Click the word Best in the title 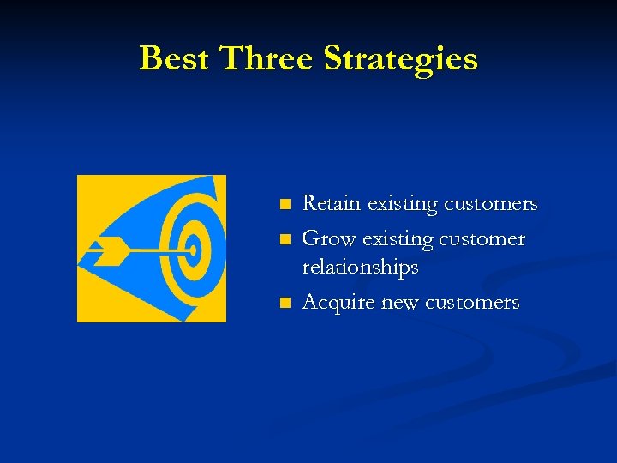175,59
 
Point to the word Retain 332,204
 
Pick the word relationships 360,268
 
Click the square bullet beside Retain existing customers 285,205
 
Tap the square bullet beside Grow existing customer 285,239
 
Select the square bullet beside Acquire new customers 285,303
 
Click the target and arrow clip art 152,249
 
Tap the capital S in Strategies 336,59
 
